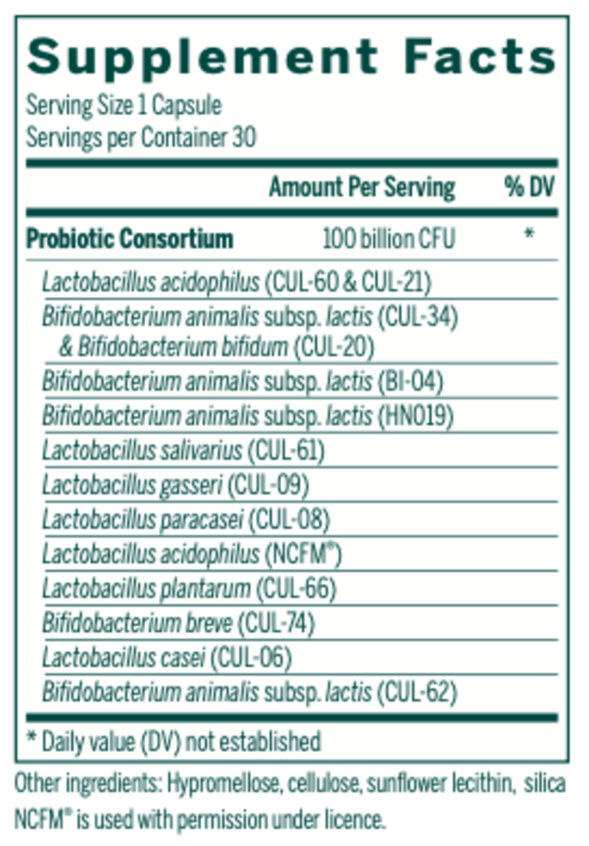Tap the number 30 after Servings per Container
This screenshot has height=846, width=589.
[244, 136]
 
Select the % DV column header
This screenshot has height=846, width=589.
[530, 188]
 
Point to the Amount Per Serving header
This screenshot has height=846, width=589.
[362, 188]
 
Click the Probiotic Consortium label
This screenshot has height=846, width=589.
[129, 239]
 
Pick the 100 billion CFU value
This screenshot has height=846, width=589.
[389, 239]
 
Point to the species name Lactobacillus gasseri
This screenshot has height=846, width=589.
[133, 486]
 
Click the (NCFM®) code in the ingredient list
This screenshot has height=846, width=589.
[303, 554]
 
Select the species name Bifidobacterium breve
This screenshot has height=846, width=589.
[137, 624]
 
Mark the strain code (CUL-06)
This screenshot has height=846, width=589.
[253, 657]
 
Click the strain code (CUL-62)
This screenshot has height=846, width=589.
[417, 692]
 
